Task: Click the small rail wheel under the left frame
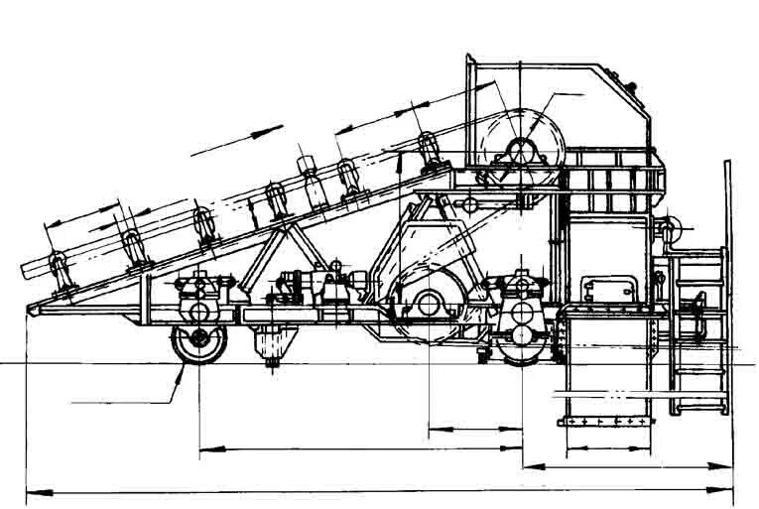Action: (x=198, y=342)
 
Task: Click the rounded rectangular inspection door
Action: (x=608, y=287)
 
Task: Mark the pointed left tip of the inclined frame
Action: (x=29, y=309)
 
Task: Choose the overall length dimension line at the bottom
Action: (x=377, y=489)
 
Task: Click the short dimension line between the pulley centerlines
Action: (x=475, y=430)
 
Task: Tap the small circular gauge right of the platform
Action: (x=673, y=226)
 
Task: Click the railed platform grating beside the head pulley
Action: (x=610, y=184)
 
